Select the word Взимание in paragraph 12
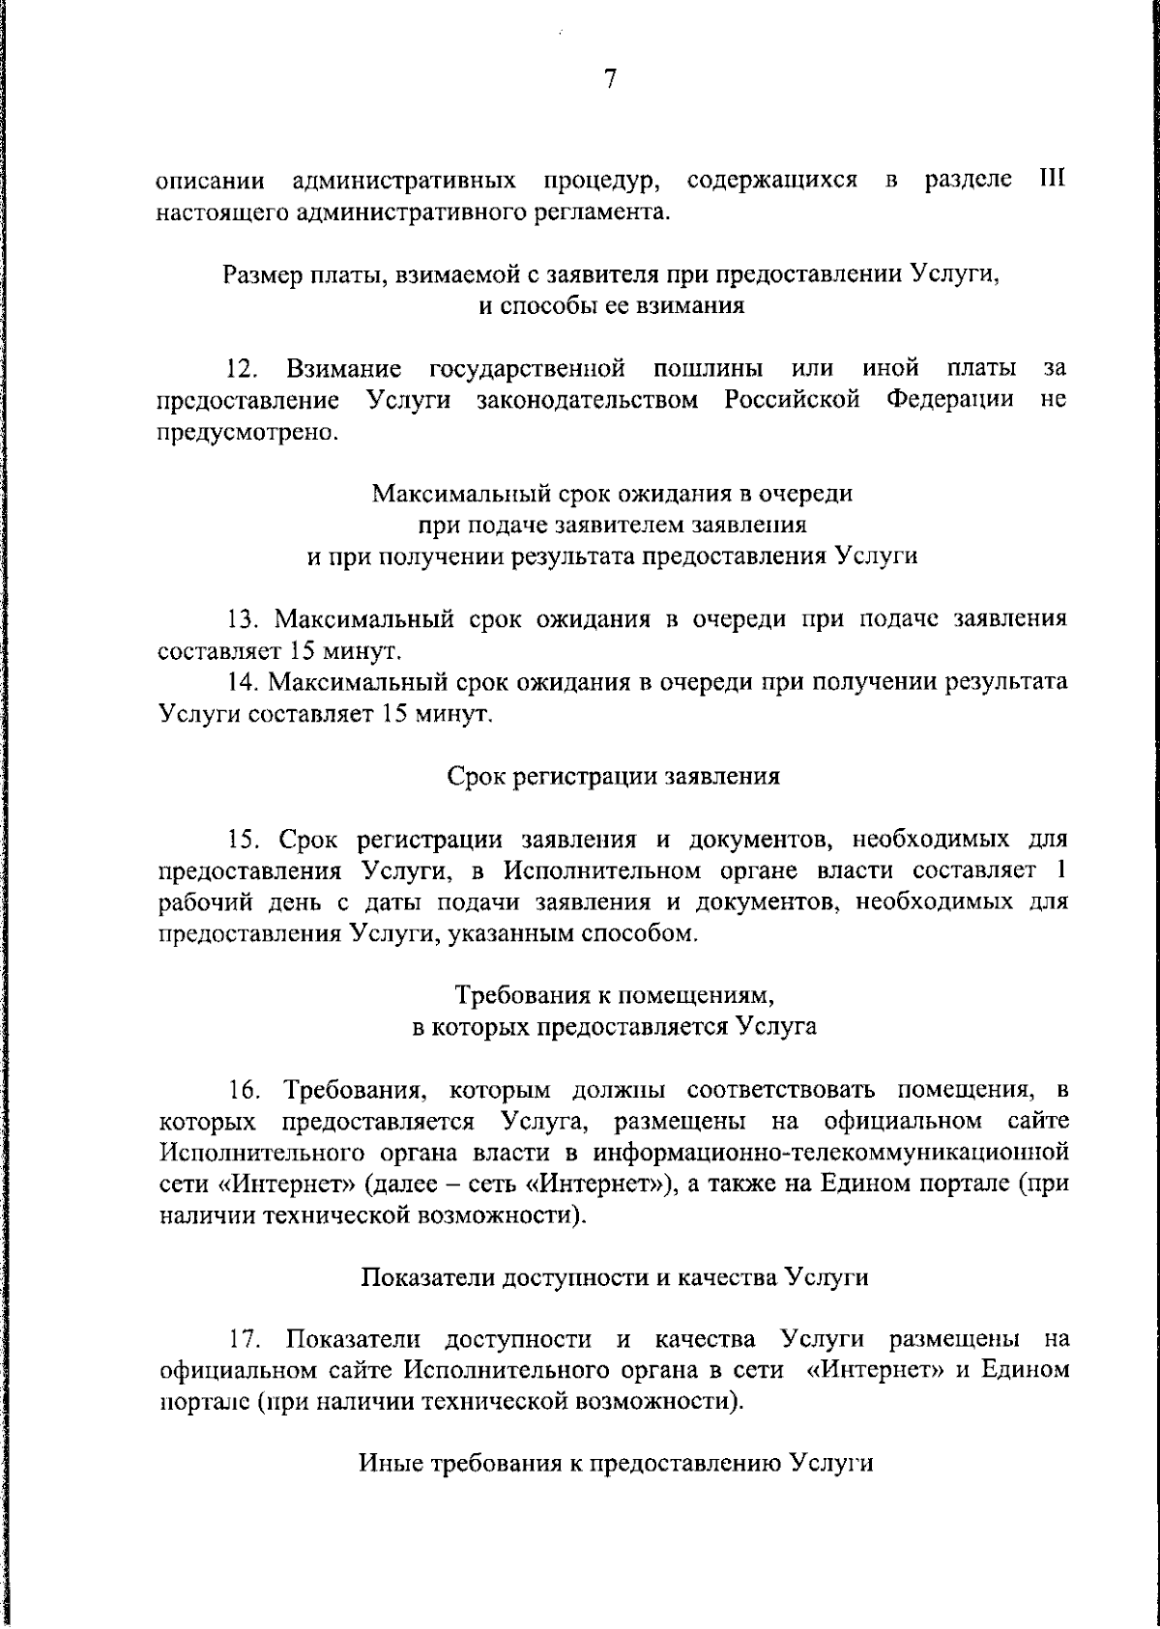pos(344,369)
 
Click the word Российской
pos(793,400)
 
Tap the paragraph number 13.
pos(243,619)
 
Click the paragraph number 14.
pos(243,682)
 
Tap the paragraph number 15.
pos(243,840)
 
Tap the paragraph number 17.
pos(243,1340)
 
